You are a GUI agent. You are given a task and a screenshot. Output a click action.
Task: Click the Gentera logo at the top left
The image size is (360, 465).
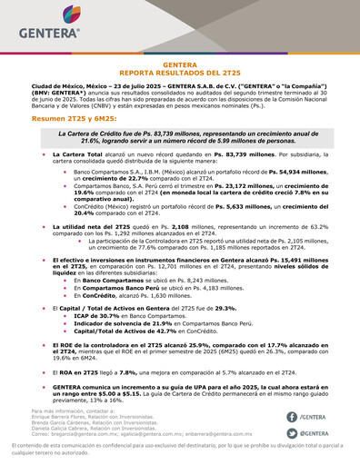[x=43, y=28]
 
